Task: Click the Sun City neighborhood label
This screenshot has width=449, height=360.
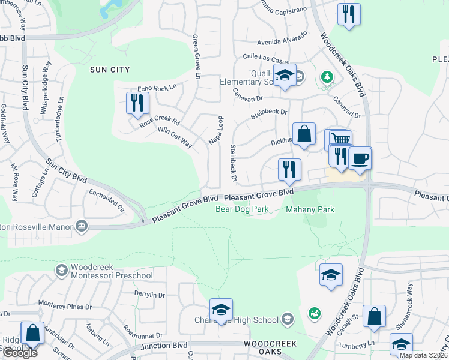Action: coord(109,70)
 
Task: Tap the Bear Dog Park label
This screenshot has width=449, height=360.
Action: coord(242,209)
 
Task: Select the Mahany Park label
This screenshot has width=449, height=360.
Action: coord(310,209)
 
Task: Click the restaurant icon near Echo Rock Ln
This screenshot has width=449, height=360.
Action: coord(137,103)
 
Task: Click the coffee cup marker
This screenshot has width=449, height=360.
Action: coord(360,158)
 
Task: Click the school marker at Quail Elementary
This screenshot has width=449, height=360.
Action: coord(285,76)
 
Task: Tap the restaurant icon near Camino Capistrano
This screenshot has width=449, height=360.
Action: coord(349,14)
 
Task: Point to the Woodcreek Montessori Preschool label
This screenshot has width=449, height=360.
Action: coord(112,271)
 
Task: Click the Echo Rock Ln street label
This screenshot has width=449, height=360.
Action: coord(157,88)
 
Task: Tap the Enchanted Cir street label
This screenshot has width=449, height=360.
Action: coord(106,201)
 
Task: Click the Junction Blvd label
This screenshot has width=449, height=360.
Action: coord(165,347)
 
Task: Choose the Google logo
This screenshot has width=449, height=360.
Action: coord(19,352)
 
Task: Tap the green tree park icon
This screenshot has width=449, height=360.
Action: coord(327,77)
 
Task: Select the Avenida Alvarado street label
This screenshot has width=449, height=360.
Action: coord(282,42)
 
